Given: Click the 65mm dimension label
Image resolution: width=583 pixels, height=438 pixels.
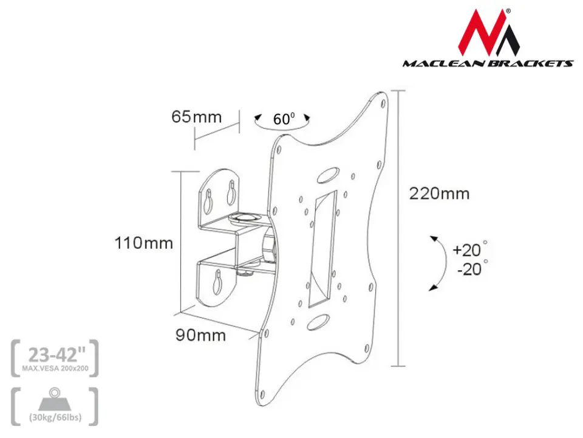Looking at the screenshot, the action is click(x=196, y=117).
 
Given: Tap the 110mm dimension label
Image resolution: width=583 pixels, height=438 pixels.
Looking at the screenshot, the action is click(x=143, y=243).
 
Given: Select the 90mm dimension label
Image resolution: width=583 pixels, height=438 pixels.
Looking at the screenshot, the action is click(x=200, y=335).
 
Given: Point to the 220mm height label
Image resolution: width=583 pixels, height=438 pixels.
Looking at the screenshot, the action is click(x=439, y=193).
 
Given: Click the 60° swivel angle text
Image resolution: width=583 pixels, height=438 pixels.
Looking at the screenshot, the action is click(x=284, y=119).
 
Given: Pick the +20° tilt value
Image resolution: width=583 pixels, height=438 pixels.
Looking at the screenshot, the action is click(x=470, y=249).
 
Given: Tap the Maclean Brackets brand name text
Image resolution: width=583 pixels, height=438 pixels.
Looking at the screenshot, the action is click(x=488, y=64).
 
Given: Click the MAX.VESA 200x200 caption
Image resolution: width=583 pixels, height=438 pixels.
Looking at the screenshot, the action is click(x=55, y=369).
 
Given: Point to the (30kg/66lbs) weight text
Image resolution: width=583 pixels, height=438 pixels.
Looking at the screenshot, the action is click(x=55, y=417).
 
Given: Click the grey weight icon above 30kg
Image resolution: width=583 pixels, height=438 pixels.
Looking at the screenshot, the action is click(x=55, y=400).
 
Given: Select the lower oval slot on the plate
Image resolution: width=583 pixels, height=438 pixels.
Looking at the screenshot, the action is click(x=318, y=322).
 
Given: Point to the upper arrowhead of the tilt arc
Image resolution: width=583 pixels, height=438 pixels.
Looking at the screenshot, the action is click(x=434, y=238).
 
